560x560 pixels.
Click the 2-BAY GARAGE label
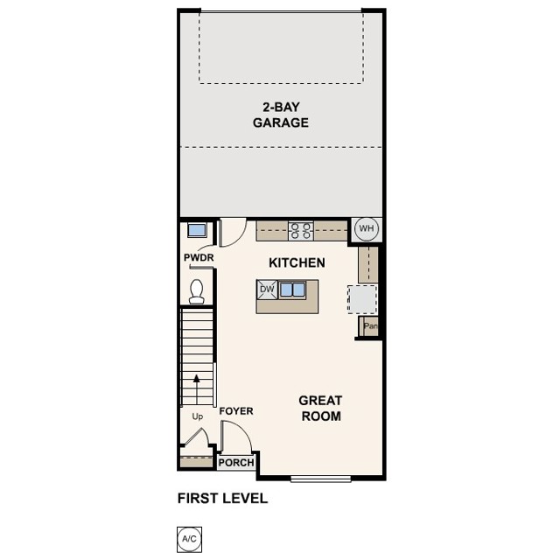point(281,115)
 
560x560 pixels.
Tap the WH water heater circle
point(366,229)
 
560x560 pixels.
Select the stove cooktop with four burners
point(301,231)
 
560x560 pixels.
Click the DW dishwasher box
point(267,289)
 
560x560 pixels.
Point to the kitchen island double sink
point(292,289)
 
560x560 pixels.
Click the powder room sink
point(197,231)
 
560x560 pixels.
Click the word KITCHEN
point(297,262)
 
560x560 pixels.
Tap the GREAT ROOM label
point(320,408)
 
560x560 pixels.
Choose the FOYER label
point(236,410)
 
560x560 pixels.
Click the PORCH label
point(236,463)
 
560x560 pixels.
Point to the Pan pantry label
point(370,326)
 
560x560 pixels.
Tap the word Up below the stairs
point(197,416)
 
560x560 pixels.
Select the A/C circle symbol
point(188,538)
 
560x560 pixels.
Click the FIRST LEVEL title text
point(222,499)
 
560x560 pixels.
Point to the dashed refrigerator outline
point(363,298)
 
